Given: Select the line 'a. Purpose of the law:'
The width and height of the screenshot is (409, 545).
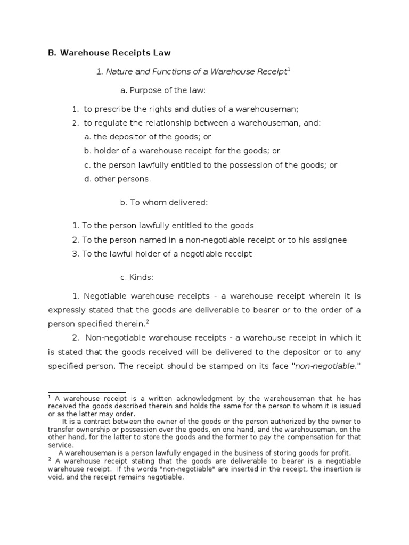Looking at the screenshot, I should [x=163, y=90].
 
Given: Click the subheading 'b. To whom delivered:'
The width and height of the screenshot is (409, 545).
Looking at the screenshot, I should [x=163, y=202].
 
